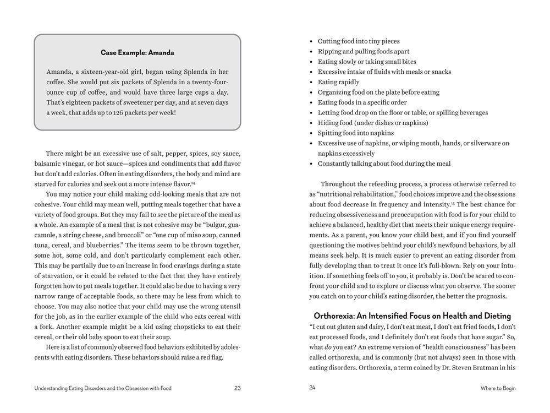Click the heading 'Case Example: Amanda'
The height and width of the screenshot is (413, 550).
pos(137,53)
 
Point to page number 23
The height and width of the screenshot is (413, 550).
pos(237,388)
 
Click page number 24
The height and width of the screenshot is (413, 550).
pos(312,388)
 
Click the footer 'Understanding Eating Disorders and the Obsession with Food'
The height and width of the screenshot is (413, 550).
pos(103,388)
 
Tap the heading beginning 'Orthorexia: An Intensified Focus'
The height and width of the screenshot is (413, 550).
pos(412,316)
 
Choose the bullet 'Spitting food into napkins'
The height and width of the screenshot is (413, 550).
pos(355,133)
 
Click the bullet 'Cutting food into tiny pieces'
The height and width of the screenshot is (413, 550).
pos(359,41)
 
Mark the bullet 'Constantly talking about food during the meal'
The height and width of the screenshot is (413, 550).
pos(384,164)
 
